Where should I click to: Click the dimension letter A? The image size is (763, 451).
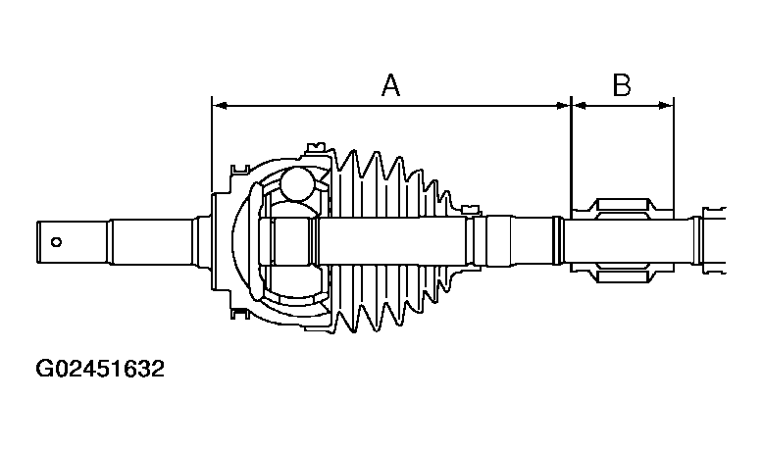click(390, 86)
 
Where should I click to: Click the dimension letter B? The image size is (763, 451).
click(622, 86)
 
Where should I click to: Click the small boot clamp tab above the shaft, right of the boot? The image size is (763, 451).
click(471, 208)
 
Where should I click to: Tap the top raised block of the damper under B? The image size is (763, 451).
click(625, 205)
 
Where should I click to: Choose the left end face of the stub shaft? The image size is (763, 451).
click(40, 240)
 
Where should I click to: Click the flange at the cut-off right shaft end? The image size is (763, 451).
click(697, 240)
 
